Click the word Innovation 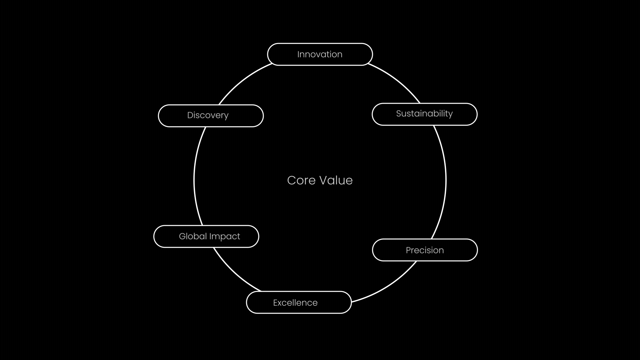coord(320,54)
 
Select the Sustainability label coord(424,114)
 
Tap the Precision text coord(425,250)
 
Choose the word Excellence coord(295,303)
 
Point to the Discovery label coord(208,115)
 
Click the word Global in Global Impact coord(193,236)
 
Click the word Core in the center coord(301,180)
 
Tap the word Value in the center coord(336,180)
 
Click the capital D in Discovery coord(190,115)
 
